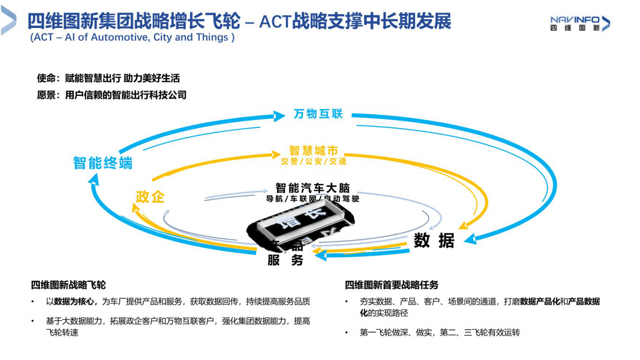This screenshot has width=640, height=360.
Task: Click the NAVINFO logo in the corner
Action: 580,23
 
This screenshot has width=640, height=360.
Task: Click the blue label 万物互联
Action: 318,114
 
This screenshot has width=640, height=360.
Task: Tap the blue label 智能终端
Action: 103,163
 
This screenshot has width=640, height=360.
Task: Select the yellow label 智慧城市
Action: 314,151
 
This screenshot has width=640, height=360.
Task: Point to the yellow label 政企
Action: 150,196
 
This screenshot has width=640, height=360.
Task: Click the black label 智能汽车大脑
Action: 312,188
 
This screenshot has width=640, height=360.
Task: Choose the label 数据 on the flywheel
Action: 434,241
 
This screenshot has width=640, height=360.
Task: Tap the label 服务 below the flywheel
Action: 286,260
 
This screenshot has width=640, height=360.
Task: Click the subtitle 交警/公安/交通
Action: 314,161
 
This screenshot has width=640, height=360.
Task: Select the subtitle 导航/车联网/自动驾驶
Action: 312,199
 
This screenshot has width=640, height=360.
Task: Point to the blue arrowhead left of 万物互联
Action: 279,116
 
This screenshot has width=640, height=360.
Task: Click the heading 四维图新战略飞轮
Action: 68,285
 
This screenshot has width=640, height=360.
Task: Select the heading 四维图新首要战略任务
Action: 392,285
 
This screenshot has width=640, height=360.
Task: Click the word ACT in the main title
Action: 275,22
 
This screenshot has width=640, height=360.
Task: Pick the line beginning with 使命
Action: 108,79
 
